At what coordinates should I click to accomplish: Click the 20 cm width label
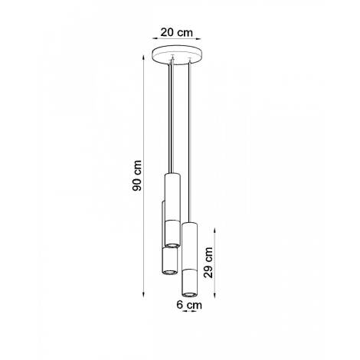coord(175,32)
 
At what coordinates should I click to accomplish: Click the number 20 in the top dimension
coord(168,32)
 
